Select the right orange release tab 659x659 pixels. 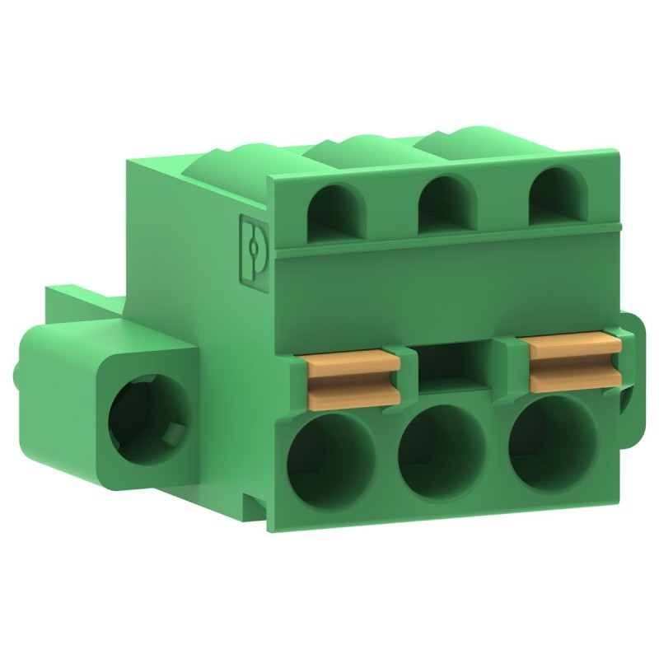(573, 362)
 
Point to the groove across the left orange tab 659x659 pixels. (353, 380)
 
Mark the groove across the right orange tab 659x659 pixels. (574, 363)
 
